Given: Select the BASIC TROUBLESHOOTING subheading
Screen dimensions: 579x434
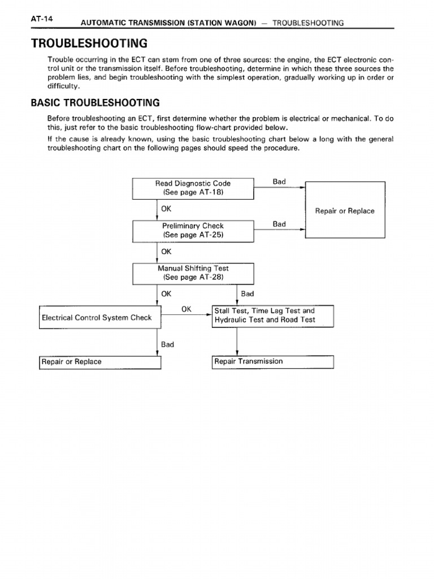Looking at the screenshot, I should [x=96, y=102].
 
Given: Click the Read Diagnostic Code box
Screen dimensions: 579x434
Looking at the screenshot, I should [x=193, y=188].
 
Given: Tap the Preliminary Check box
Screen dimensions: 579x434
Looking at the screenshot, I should [x=193, y=230].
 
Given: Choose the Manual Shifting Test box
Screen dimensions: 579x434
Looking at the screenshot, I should [x=193, y=273].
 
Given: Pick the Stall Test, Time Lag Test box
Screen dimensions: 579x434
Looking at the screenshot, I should [x=273, y=316].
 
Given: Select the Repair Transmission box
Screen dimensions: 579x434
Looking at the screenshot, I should [x=273, y=361].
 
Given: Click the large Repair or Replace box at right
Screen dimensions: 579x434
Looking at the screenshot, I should [x=345, y=210].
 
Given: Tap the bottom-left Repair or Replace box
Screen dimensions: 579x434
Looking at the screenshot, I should [x=100, y=362].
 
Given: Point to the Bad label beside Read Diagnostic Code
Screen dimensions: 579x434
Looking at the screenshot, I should [x=279, y=182].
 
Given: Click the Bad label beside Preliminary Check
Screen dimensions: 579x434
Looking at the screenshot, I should [x=279, y=224].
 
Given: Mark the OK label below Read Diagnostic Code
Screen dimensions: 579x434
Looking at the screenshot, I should [x=166, y=209].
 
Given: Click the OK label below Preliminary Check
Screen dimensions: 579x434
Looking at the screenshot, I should [x=166, y=252].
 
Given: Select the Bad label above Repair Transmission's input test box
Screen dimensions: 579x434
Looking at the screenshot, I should [x=248, y=294].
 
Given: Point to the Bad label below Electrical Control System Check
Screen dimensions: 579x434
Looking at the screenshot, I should [x=167, y=344].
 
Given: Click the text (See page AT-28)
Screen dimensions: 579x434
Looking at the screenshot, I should [x=193, y=278].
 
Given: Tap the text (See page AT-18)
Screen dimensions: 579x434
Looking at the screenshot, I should [x=193, y=192].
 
